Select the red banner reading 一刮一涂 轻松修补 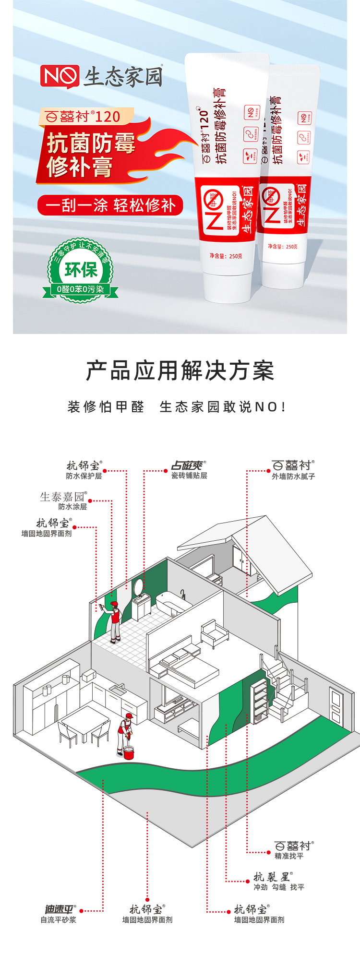coord(110,205)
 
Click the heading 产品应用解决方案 coord(180,371)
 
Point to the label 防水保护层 coord(84,476)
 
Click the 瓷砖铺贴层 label coord(189,476)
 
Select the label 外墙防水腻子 coord(293,477)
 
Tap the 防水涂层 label coord(72,507)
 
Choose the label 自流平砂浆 coord(58,920)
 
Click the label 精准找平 coord(289,856)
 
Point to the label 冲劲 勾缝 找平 coord(279,887)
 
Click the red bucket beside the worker coord(129,752)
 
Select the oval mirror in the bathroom coord(138,586)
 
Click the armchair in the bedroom coord(214,632)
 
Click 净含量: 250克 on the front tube coord(226,256)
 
